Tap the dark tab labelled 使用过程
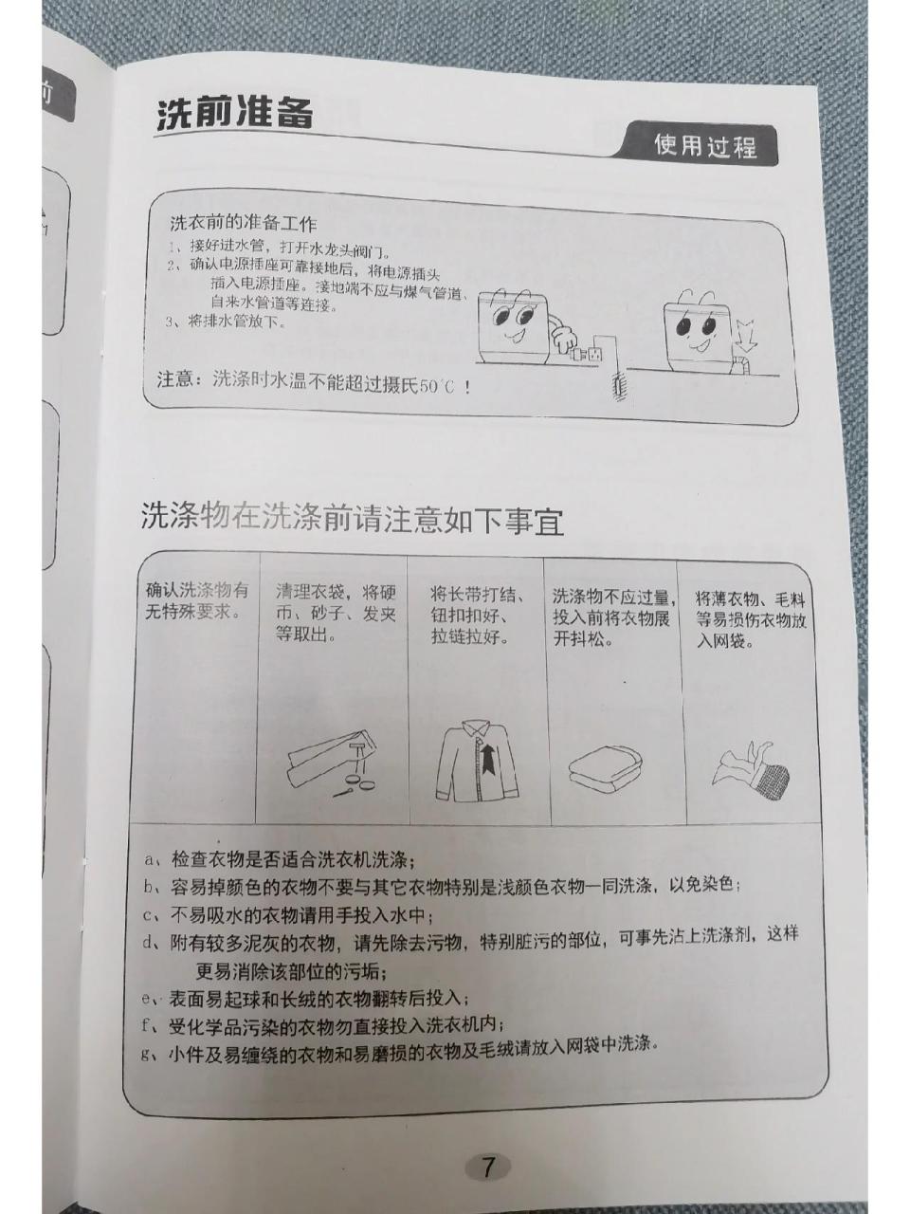(x=705, y=146)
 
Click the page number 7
(x=487, y=1166)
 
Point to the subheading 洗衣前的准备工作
(x=243, y=225)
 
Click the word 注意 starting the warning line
(x=176, y=379)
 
